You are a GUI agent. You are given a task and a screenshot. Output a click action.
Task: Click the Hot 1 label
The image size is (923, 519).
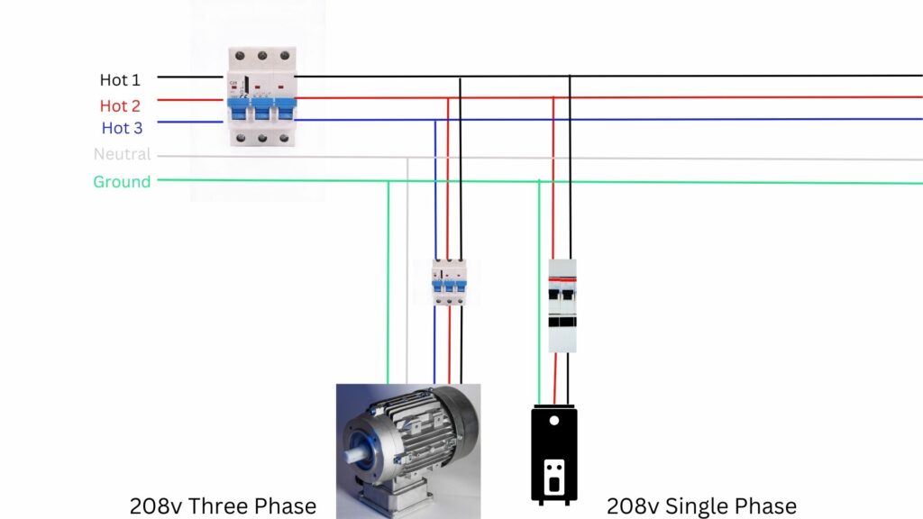[x=120, y=79]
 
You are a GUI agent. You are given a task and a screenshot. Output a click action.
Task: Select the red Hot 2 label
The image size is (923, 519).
[x=120, y=105]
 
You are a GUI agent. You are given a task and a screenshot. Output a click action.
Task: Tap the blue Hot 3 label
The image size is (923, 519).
[x=122, y=128]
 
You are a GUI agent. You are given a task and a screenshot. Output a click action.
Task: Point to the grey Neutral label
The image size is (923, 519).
[x=123, y=154]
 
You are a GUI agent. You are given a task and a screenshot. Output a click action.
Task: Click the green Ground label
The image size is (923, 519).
[x=122, y=182]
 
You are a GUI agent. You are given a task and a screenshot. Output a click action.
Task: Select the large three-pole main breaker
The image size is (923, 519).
[x=262, y=96]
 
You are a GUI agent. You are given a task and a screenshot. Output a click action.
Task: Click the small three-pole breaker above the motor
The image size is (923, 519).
[x=449, y=282]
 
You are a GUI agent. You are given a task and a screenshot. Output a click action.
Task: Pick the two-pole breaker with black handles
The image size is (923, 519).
[x=562, y=305]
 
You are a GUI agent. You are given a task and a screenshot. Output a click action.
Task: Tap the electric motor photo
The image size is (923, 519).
[x=408, y=451]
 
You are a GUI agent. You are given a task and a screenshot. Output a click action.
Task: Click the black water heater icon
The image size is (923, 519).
[x=554, y=455]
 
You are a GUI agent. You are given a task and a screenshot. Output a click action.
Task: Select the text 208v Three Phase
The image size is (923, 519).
[x=224, y=506]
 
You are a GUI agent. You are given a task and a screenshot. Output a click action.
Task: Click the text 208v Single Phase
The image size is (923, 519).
[x=701, y=506]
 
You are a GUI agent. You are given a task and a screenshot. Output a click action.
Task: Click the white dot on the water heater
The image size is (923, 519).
[x=554, y=421]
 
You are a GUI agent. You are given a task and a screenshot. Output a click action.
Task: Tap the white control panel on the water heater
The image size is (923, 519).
[x=554, y=477]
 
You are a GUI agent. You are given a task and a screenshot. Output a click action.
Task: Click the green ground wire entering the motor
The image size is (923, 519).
[x=388, y=282]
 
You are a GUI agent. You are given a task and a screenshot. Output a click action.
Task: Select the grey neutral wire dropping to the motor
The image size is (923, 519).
[x=407, y=270]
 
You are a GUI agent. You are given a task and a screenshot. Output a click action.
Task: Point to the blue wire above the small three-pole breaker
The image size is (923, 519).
[x=435, y=189]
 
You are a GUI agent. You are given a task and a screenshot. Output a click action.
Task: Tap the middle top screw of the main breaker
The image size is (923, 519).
[x=262, y=56]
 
